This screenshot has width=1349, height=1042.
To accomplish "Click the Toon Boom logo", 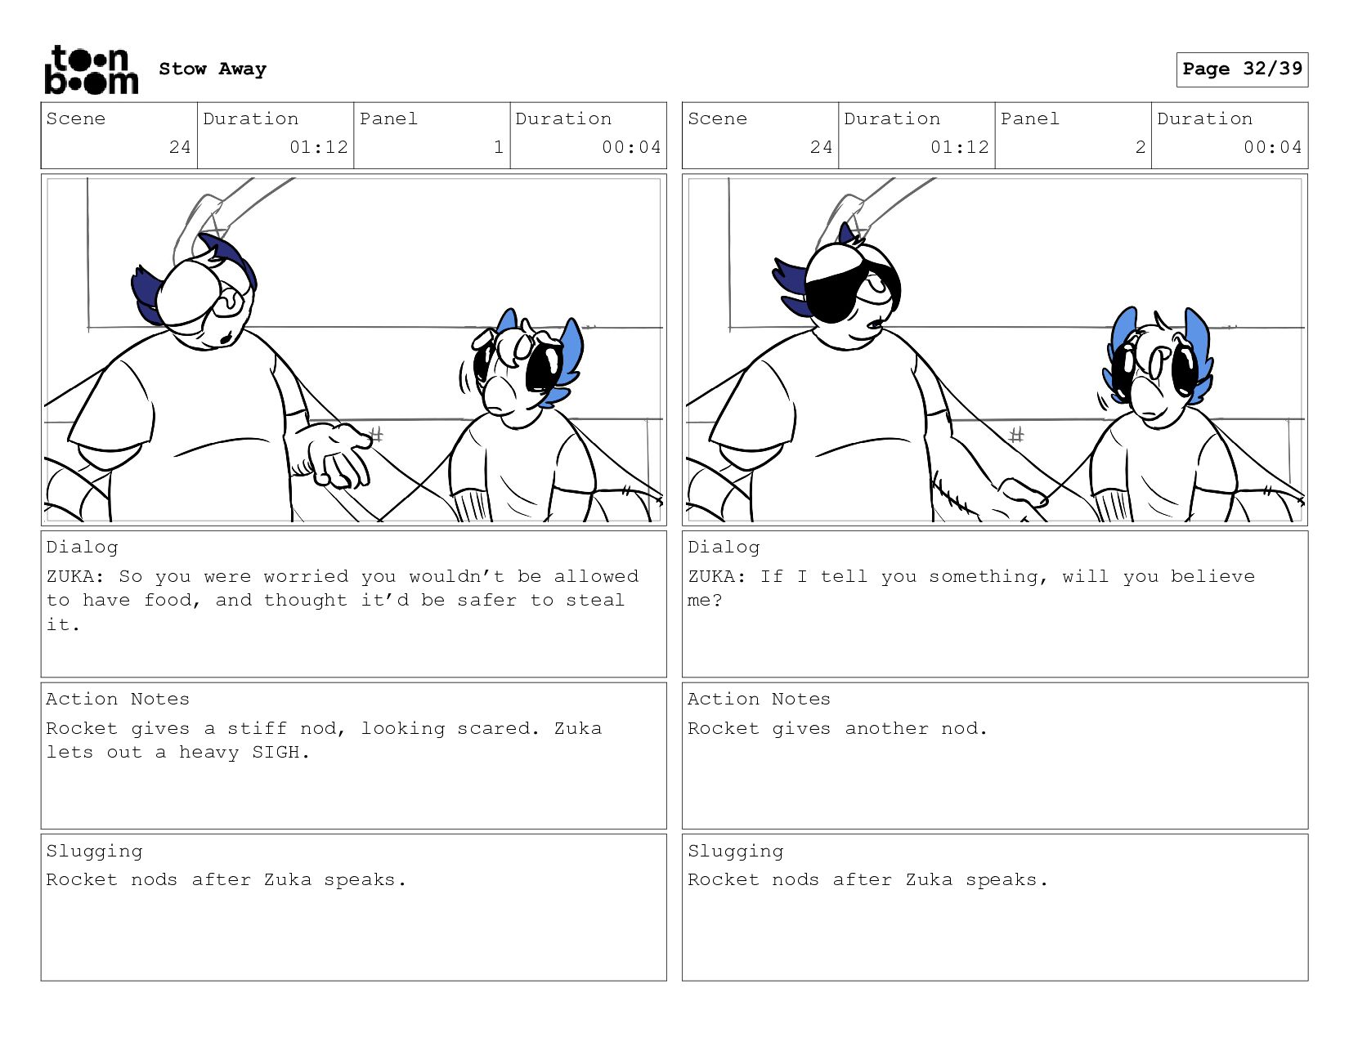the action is (92, 69).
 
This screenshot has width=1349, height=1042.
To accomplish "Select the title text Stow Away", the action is (213, 69).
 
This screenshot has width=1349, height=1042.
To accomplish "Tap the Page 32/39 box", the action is (1242, 69).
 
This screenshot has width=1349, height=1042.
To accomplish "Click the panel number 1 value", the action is (499, 147).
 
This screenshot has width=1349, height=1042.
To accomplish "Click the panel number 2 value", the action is (1140, 147).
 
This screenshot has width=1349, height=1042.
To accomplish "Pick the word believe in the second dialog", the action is (1212, 576).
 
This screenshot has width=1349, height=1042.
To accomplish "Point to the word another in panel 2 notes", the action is (886, 728).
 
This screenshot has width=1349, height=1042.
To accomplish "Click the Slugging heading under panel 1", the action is (94, 852).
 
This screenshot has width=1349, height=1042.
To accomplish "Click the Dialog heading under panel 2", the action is (724, 548).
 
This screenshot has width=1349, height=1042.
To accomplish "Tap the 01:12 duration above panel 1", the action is (319, 147).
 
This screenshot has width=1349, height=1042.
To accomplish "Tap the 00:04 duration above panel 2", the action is (1272, 147).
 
